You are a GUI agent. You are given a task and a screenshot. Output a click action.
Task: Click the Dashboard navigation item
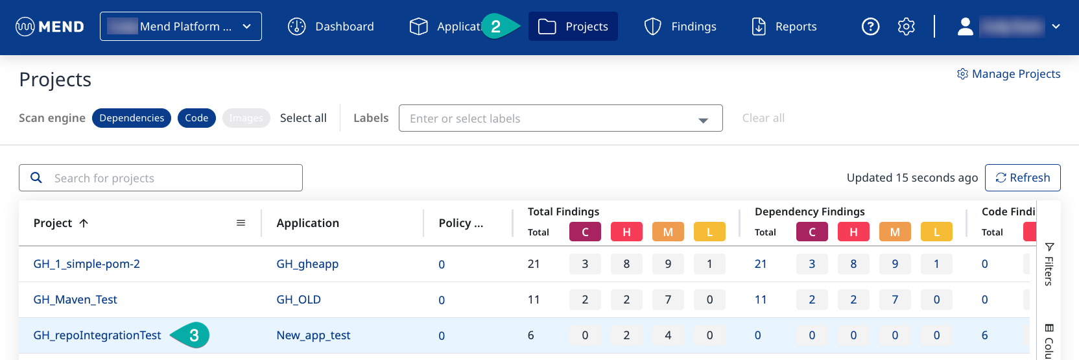[331, 27]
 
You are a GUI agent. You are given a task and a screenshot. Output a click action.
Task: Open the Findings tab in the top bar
[680, 27]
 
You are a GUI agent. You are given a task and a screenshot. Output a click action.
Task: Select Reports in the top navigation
[784, 27]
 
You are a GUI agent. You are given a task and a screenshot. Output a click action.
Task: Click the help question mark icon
[870, 27]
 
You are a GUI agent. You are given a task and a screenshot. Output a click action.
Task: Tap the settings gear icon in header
[906, 27]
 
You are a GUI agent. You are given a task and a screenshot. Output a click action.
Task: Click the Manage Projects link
[1009, 74]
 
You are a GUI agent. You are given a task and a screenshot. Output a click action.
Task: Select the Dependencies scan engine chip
[132, 118]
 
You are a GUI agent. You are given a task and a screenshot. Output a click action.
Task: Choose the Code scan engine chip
[196, 118]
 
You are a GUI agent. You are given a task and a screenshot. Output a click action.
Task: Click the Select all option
[303, 118]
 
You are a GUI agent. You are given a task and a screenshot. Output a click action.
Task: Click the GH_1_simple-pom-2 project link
[86, 264]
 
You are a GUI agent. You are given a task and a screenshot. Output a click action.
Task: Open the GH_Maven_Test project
[75, 300]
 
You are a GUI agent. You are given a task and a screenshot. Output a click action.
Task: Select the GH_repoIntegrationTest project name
[97, 335]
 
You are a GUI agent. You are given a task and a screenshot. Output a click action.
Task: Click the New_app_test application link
[313, 335]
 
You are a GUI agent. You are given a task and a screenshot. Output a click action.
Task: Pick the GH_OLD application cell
[298, 300]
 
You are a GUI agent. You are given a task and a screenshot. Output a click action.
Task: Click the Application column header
[307, 223]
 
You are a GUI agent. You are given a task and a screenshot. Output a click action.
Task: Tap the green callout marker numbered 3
[193, 335]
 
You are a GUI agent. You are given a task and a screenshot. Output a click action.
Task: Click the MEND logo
[50, 27]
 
